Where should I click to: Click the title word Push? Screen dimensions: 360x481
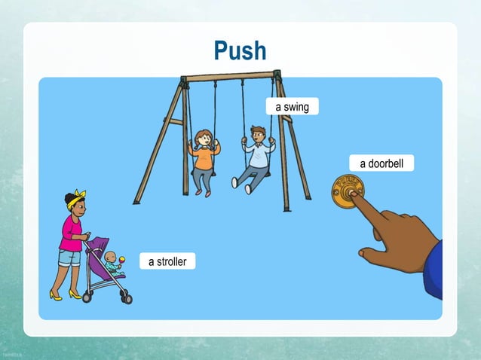[x=240, y=50]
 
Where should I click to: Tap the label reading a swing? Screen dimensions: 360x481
[x=292, y=107]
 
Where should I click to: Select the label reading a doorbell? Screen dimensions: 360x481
[x=381, y=163]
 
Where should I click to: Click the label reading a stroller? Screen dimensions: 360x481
[x=167, y=261]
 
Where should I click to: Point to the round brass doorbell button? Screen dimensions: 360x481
[x=348, y=191]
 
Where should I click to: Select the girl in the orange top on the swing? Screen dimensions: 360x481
[x=203, y=158]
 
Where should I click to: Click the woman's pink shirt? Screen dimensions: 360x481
[x=72, y=232]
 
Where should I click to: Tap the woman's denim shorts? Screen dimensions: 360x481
[x=70, y=257]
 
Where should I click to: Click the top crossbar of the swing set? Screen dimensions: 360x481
[x=230, y=76]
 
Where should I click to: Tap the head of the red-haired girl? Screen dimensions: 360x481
[x=203, y=138]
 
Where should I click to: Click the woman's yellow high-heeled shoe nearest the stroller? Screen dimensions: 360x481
[x=75, y=294]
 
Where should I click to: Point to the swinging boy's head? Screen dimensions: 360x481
[x=258, y=134]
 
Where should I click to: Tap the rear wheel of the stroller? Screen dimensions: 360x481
[x=87, y=297]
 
